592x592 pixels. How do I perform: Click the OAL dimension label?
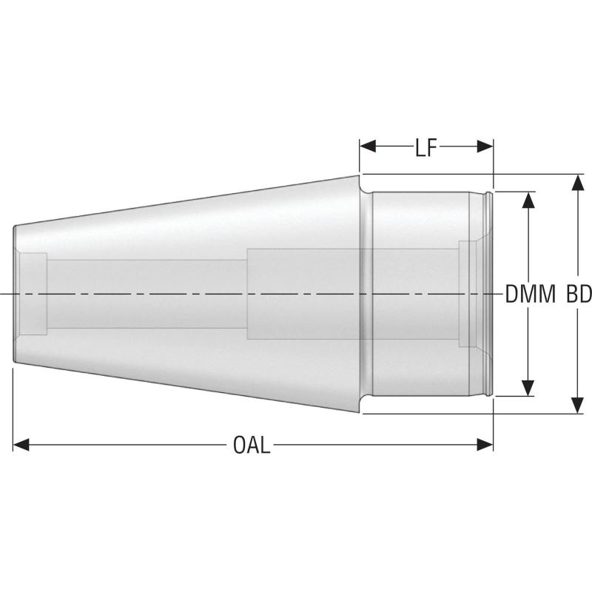[252, 445]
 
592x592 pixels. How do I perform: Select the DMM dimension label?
[530, 295]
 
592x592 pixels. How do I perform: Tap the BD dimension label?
[579, 295]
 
